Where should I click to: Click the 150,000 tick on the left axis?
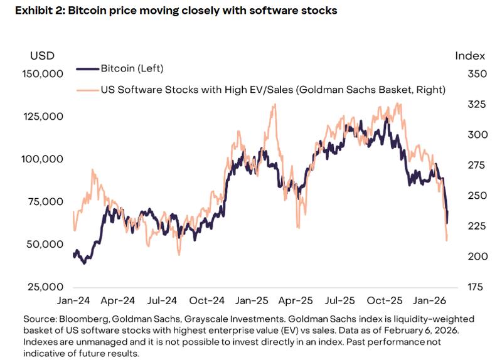tap(43, 74)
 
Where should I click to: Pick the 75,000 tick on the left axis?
tap(45, 202)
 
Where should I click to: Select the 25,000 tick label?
tap(45, 287)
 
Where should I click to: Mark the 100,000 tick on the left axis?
tap(43, 159)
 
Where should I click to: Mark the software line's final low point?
tap(447, 240)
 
